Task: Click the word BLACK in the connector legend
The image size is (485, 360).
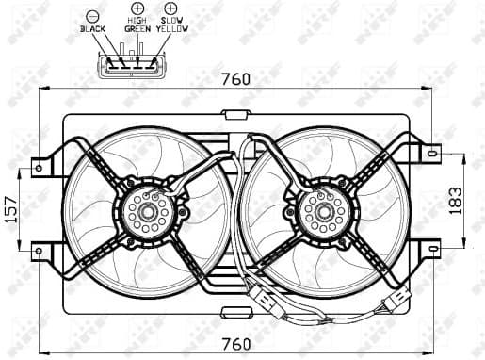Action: click(x=94, y=29)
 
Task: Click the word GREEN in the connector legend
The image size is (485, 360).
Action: click(x=137, y=29)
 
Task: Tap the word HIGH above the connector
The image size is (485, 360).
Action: click(x=137, y=19)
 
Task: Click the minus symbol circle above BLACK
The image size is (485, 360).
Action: click(x=92, y=17)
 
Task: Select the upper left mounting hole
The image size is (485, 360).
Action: click(x=39, y=169)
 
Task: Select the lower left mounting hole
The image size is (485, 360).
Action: click(x=39, y=250)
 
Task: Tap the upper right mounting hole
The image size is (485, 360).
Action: click(x=434, y=150)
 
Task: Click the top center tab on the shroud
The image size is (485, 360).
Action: click(x=234, y=115)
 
